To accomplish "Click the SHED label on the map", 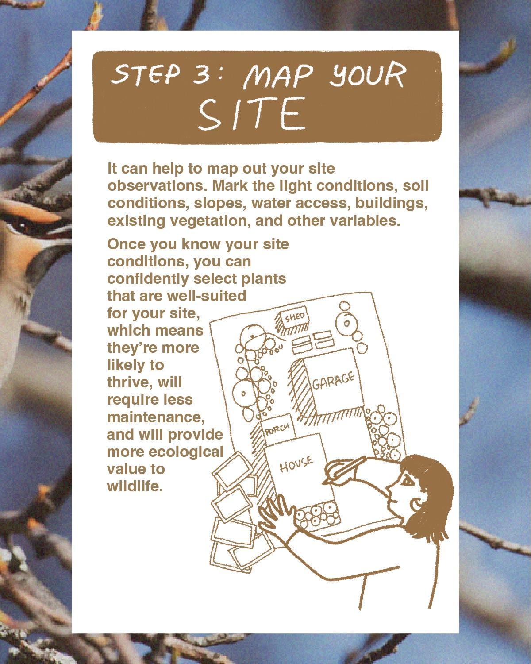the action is pos(295,317).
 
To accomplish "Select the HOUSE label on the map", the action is pos(296,464).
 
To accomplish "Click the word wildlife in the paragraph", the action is pos(135,486).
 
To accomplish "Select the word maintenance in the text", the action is pos(156,417).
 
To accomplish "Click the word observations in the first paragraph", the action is pos(157,186).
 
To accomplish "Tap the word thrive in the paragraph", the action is pos(130,382).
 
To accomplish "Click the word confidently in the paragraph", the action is pos(148,279).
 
